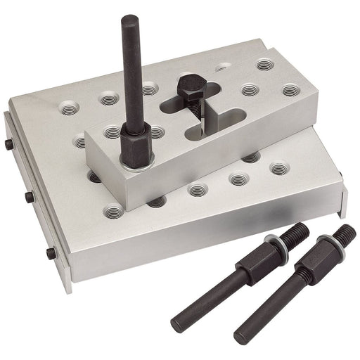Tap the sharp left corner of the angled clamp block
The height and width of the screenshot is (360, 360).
pyautogui.click(x=87, y=134)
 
